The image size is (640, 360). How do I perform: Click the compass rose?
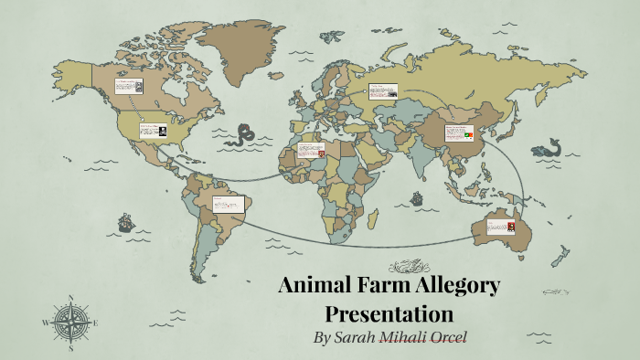coord(70,322)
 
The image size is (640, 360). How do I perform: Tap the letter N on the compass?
coord(70,298)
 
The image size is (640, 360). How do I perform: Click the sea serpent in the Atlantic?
coord(242,137)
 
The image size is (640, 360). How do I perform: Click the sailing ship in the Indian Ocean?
coord(416,197)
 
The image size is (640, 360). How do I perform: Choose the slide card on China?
coord(460,133)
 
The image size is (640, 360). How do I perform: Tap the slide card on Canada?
coord(129,87)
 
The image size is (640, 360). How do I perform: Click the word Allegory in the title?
coord(451,286)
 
